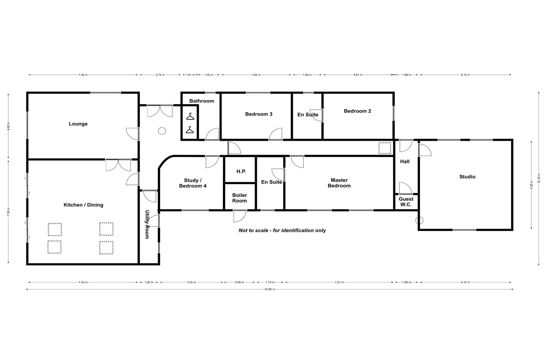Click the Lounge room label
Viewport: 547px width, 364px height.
click(x=78, y=124)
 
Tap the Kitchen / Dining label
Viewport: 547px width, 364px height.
click(x=83, y=205)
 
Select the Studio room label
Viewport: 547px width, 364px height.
click(x=467, y=177)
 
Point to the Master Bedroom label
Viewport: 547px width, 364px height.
click(x=339, y=183)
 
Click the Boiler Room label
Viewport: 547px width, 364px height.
click(x=240, y=198)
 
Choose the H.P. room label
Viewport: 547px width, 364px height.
click(x=241, y=171)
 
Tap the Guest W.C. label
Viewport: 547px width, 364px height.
click(x=406, y=202)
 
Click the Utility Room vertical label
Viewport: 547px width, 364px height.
click(x=147, y=224)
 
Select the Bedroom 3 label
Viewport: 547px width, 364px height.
click(x=259, y=114)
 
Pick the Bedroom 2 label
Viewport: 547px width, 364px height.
click(x=357, y=111)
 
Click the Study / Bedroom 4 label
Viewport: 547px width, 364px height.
click(x=193, y=183)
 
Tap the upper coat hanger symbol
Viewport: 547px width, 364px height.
click(x=190, y=116)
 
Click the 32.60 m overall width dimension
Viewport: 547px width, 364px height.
click(x=270, y=289)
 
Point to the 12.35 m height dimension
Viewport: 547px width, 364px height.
click(x=539, y=178)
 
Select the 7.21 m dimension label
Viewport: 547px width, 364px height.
click(x=339, y=282)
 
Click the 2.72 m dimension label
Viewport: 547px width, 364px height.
click(x=160, y=75)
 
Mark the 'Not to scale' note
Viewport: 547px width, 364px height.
click(x=282, y=230)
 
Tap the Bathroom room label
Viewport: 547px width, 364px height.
click(x=202, y=101)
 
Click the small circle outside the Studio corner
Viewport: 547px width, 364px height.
click(x=419, y=220)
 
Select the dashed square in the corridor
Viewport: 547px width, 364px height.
click(x=385, y=148)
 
